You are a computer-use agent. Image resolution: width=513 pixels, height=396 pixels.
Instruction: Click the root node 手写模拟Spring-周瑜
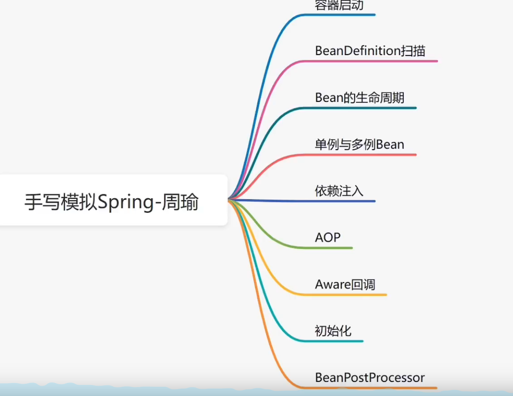coord(111,202)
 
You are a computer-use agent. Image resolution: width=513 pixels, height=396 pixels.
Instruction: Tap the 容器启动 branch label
coord(339,5)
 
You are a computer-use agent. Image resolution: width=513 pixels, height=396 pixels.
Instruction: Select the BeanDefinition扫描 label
coord(370,51)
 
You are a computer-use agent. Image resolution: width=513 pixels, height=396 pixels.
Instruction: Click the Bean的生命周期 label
coord(360,98)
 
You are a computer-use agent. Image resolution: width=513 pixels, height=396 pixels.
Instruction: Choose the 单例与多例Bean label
coord(360,144)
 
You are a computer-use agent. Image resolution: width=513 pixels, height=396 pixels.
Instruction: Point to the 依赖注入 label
coord(339,191)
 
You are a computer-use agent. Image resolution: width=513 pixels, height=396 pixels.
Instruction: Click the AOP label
coord(328,237)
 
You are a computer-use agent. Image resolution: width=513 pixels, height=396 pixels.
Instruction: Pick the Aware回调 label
coord(345,284)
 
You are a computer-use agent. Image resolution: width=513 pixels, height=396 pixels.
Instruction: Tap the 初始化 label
coord(333,331)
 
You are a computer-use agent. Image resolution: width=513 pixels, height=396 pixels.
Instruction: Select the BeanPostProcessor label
coord(370,377)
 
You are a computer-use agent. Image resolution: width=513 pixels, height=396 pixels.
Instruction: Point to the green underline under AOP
coord(326,248)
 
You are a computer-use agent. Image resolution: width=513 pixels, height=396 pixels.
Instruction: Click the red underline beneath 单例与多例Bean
coord(358,155)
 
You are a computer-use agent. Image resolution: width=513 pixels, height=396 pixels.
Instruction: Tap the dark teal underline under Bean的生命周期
coord(358,108)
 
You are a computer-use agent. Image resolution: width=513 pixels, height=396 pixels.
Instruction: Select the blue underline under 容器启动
coord(337,15)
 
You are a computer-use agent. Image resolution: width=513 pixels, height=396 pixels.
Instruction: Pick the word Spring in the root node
coord(126,203)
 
